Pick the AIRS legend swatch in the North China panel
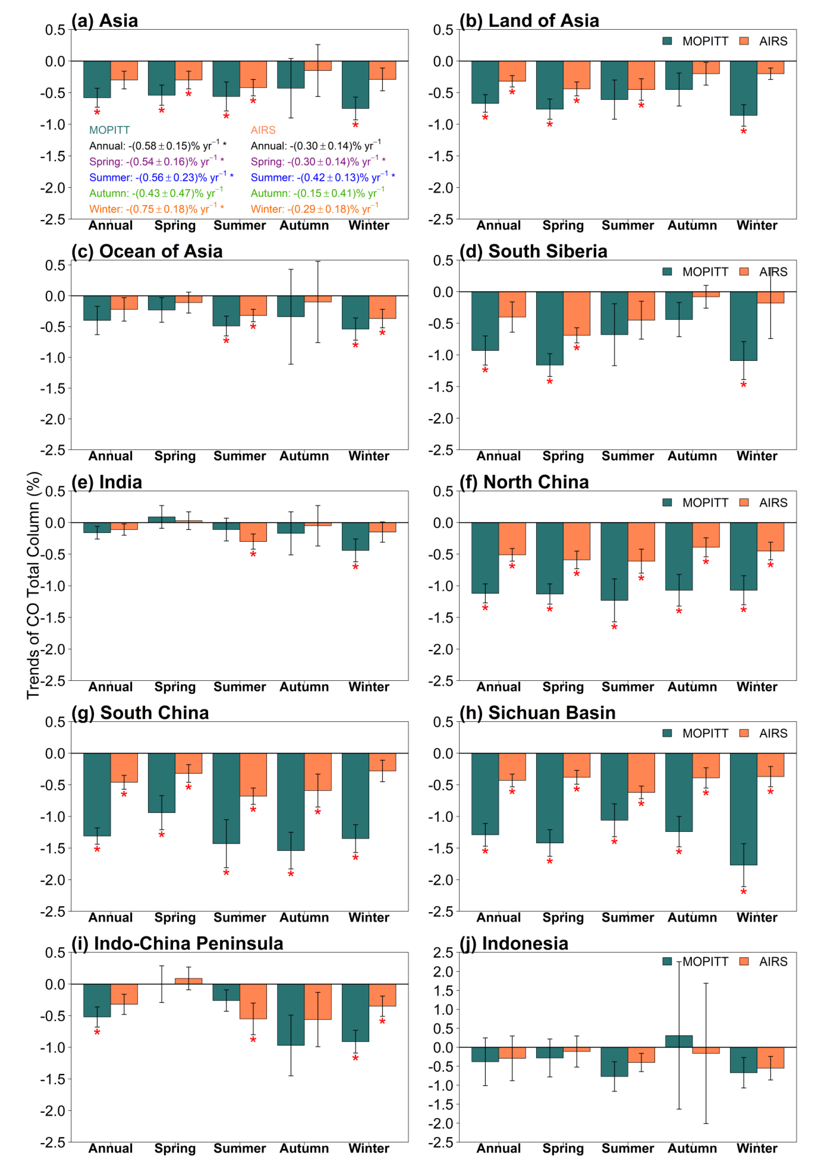tap(744, 503)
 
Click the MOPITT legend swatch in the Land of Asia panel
tap(667, 41)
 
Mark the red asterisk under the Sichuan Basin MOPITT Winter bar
tap(744, 892)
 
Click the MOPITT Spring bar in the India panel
tap(161, 520)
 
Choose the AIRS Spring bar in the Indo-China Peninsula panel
tap(188, 981)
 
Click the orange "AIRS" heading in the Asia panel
tap(263, 130)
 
